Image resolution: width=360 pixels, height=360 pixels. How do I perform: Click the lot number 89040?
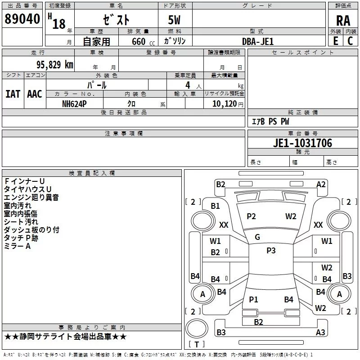[22, 19]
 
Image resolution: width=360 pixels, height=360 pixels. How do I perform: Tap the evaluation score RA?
[343, 21]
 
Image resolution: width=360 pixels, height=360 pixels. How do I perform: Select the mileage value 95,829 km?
[55, 65]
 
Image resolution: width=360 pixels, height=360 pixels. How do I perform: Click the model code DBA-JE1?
[258, 41]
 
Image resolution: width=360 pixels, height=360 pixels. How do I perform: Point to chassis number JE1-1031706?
[302, 143]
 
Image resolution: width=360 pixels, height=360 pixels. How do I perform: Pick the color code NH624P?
[74, 104]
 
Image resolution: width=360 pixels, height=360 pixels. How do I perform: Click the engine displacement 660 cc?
[143, 41]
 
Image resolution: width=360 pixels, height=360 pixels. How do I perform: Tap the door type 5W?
[174, 20]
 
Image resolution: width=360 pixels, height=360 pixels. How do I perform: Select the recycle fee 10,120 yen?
[228, 104]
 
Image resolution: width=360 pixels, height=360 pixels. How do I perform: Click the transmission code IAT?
[13, 94]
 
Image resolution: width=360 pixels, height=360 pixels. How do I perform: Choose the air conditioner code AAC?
[35, 94]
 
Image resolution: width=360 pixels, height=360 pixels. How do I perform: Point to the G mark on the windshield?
[257, 237]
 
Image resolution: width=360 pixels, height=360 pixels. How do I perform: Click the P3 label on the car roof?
[271, 251]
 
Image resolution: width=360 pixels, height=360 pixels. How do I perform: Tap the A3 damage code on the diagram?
[320, 332]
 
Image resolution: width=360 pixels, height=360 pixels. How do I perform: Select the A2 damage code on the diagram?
[321, 184]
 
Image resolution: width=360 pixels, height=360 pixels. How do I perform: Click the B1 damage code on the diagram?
[215, 206]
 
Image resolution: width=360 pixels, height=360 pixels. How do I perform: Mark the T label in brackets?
[197, 344]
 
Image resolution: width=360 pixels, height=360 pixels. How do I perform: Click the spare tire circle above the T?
[197, 328]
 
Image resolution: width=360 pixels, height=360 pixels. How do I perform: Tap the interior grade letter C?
[350, 41]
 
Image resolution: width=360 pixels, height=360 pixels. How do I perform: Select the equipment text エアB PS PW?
[270, 121]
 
